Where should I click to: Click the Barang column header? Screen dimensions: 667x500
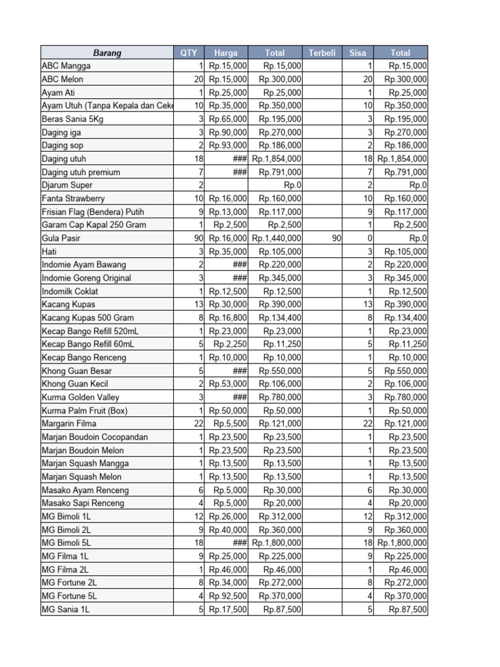coord(107,53)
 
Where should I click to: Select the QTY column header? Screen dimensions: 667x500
coord(189,53)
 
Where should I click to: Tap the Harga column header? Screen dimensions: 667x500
coord(226,53)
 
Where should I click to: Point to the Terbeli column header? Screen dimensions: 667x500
coord(322,53)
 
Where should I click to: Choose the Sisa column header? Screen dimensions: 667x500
coord(357,53)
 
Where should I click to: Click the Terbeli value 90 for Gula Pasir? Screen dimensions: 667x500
coord(336,238)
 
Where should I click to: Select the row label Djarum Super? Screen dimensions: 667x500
coord(67,185)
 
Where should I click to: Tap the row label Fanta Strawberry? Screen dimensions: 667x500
coord(73,199)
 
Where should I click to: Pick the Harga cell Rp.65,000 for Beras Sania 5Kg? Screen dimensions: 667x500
coord(228,119)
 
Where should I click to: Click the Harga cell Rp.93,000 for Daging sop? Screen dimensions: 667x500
coord(228,145)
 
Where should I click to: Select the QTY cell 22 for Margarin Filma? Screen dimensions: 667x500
coord(199,423)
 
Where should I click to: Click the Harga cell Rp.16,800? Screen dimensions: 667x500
coord(228,318)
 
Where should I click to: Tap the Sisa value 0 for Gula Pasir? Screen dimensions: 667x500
coord(370,238)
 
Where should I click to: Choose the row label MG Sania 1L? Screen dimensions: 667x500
coord(66,609)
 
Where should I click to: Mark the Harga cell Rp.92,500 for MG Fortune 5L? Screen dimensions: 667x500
coord(228,596)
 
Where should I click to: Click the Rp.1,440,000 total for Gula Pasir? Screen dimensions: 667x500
coord(277,238)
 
